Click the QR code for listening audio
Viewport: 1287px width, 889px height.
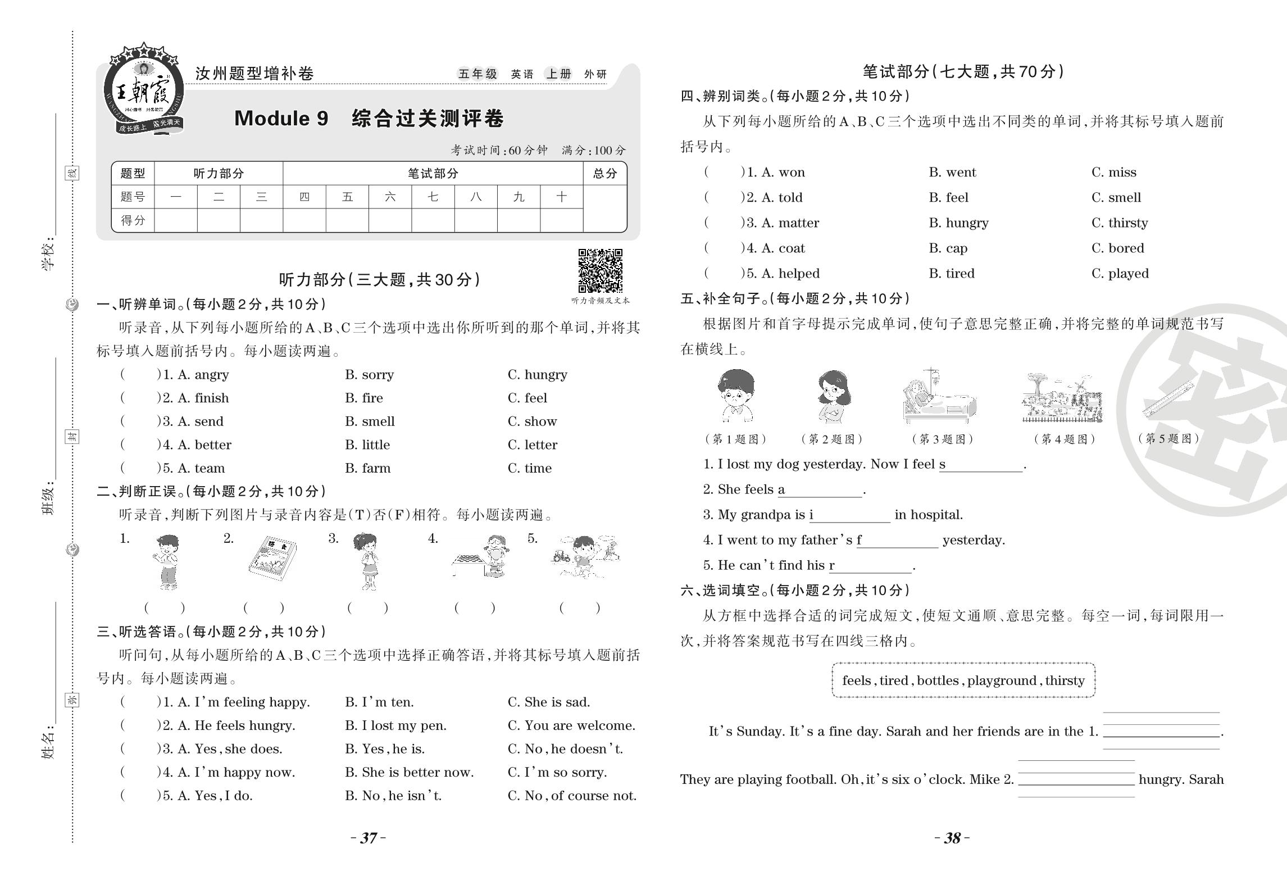click(x=600, y=270)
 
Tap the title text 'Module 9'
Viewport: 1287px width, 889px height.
click(x=281, y=119)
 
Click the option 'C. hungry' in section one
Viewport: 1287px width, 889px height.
click(x=537, y=375)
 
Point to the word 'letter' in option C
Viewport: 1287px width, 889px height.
click(x=540, y=445)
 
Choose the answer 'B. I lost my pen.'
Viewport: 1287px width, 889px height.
click(x=395, y=725)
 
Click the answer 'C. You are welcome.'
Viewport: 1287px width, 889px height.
click(x=571, y=725)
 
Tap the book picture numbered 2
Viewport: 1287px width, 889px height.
click(x=272, y=558)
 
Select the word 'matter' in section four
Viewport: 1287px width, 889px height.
click(x=798, y=223)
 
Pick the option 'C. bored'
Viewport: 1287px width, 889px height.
click(x=1117, y=248)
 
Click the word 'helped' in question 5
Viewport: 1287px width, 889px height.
click(x=799, y=274)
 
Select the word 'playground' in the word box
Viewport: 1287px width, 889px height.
click(x=1002, y=681)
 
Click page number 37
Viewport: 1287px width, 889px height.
click(x=369, y=838)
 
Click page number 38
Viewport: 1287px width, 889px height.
click(x=952, y=838)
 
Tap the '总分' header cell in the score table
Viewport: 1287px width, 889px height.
click(x=604, y=174)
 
